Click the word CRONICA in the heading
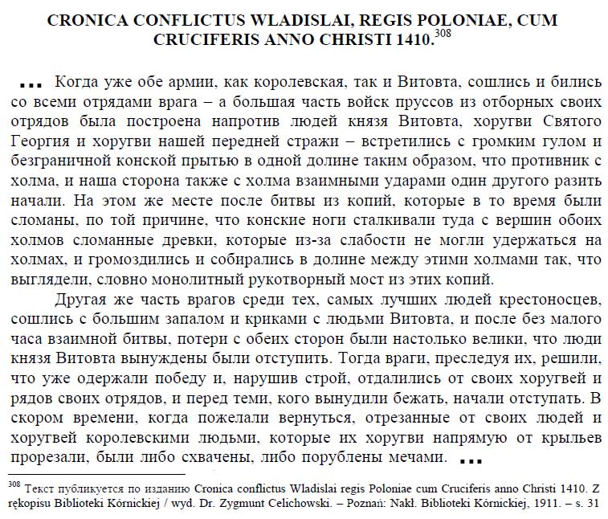point(95,18)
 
